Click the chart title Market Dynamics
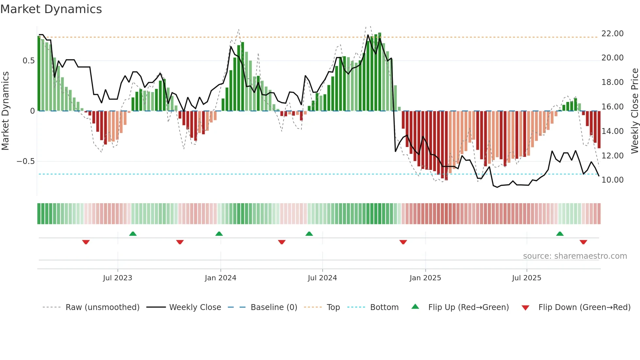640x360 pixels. (51, 9)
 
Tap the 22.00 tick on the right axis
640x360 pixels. (612, 34)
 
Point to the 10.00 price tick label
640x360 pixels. (612, 180)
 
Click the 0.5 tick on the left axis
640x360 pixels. (28, 61)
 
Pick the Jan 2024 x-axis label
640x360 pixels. (220, 278)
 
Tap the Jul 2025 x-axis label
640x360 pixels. (526, 278)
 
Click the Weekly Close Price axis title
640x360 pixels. (634, 111)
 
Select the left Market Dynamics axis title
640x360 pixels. (5, 111)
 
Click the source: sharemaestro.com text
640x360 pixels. (575, 256)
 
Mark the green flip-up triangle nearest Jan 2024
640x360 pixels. (219, 234)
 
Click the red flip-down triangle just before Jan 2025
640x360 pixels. (403, 242)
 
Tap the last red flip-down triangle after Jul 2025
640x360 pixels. (584, 242)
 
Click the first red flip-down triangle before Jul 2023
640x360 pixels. (86, 242)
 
